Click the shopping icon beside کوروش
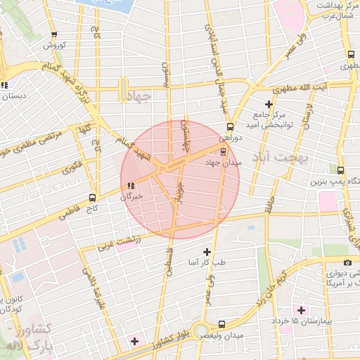click(55, 34)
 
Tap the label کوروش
click(55, 45)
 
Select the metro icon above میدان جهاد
click(224, 151)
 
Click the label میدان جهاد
click(223, 162)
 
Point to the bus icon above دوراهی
click(230, 127)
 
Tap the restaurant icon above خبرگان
click(130, 186)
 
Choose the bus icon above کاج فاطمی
click(93, 198)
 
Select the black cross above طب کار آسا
click(207, 252)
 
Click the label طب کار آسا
click(207, 262)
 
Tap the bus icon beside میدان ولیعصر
click(222, 324)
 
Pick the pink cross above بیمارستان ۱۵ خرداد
click(301, 310)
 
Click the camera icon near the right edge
click(347, 263)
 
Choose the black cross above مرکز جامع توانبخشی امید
click(268, 103)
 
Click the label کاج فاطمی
click(92, 209)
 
